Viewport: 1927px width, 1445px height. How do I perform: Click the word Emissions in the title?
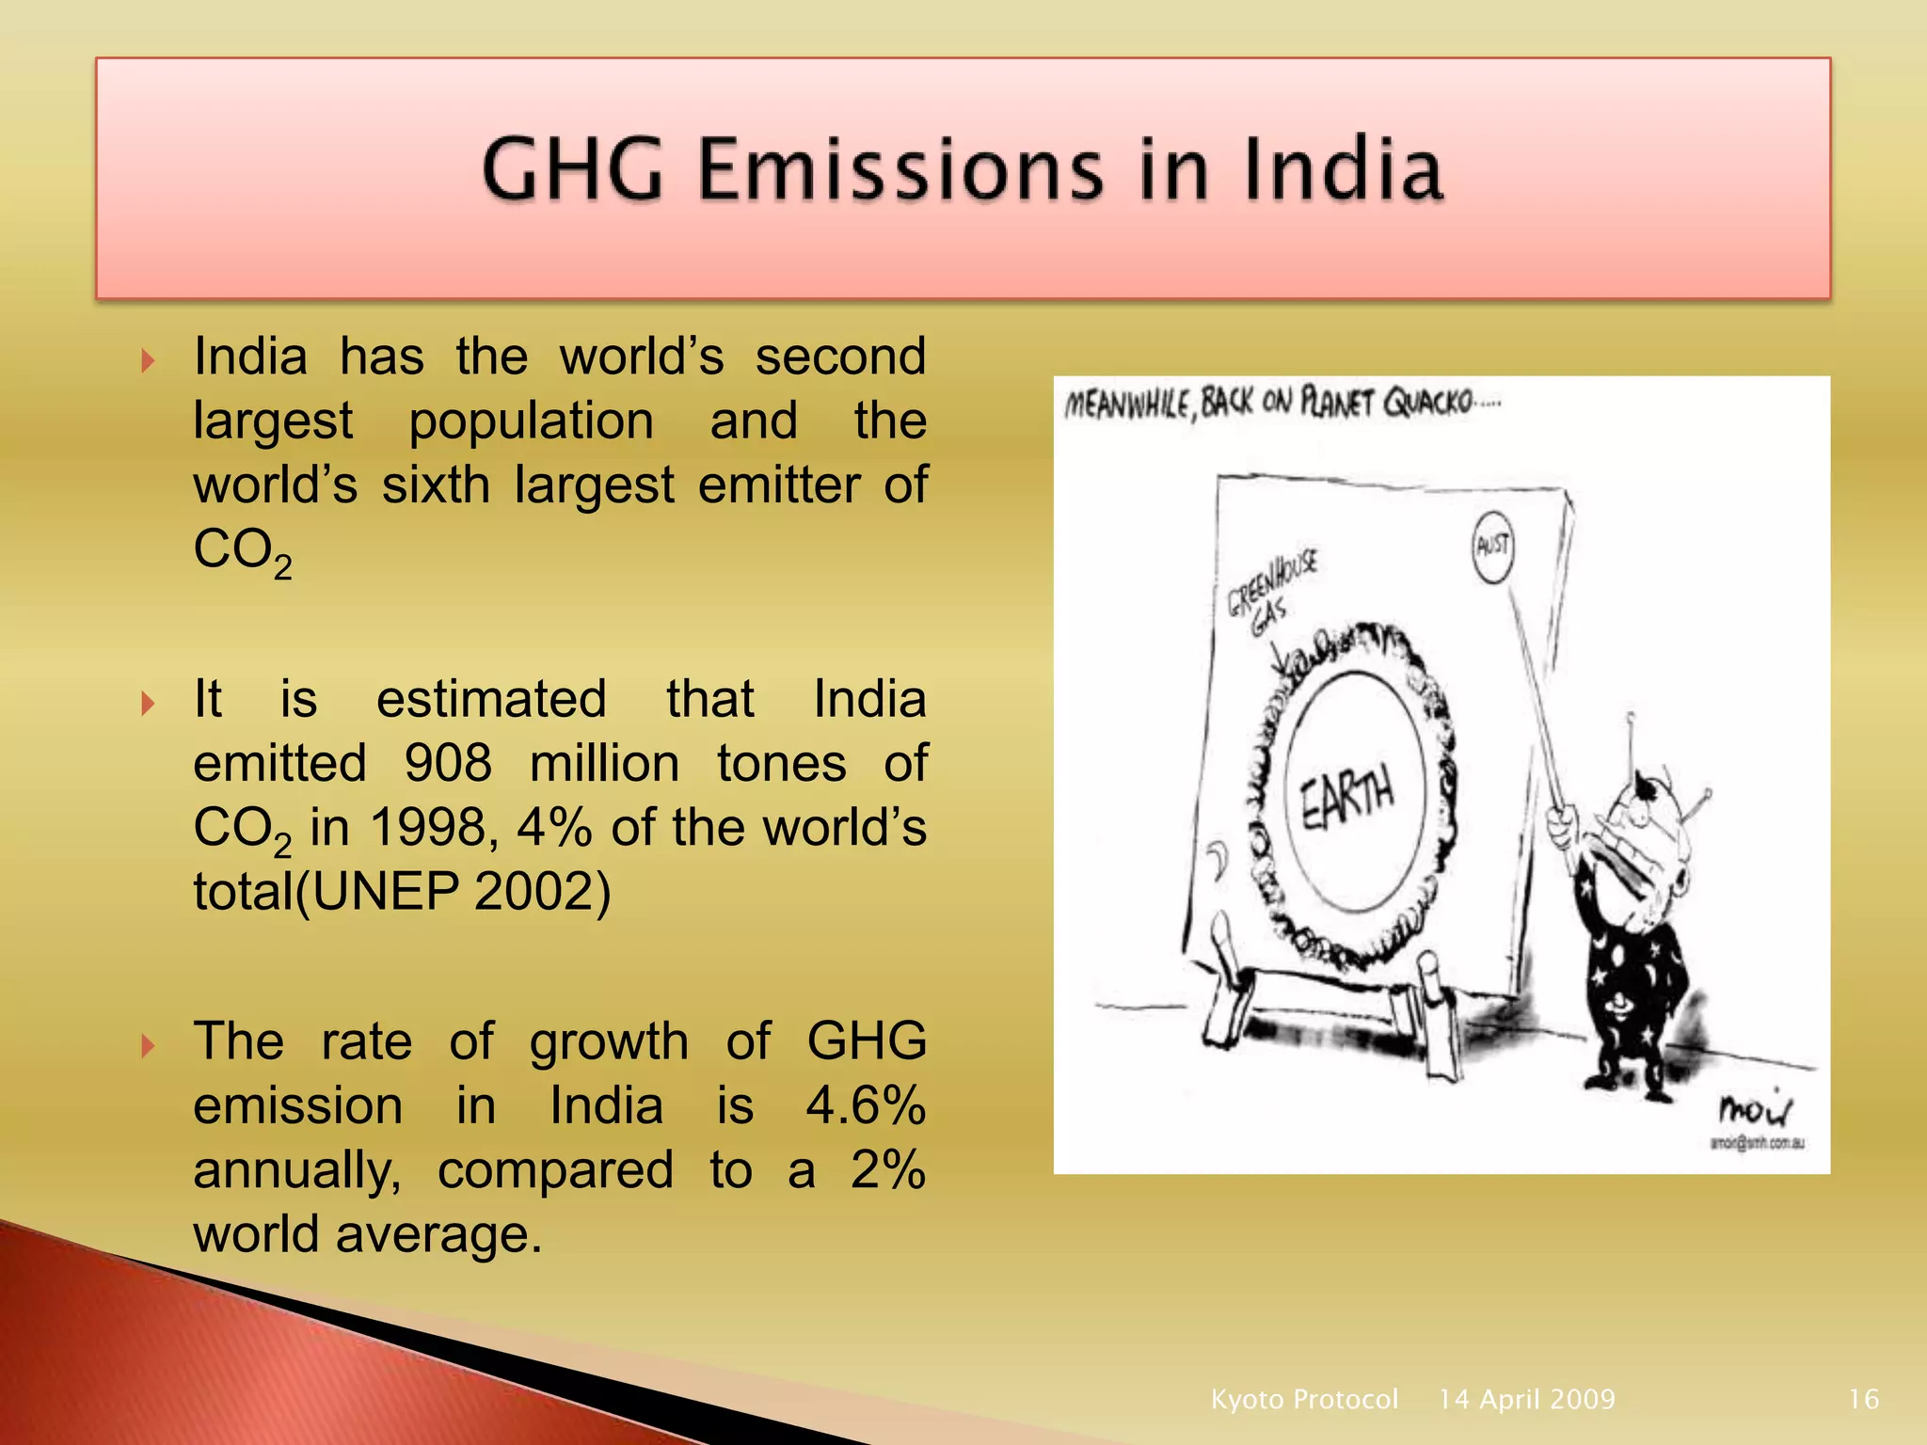[x=901, y=169]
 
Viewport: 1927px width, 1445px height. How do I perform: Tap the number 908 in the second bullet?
[x=448, y=763]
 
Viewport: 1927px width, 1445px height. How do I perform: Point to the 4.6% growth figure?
[x=866, y=1105]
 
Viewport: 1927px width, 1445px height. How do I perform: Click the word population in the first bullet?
[x=531, y=421]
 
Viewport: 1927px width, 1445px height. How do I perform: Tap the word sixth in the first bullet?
[x=436, y=485]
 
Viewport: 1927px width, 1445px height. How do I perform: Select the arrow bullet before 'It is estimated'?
[x=148, y=703]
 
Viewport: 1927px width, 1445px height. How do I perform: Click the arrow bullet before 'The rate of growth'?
[x=148, y=1045]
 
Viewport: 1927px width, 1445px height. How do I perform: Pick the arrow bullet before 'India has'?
[x=148, y=360]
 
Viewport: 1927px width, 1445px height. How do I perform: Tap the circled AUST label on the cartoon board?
[x=1492, y=546]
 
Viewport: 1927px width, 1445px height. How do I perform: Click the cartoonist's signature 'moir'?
[x=1755, y=1110]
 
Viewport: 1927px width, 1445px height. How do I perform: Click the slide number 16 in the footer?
[x=1863, y=1399]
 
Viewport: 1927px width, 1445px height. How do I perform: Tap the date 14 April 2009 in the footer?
[x=1526, y=1399]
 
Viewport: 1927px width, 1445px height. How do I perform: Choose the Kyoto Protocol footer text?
[x=1304, y=1399]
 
